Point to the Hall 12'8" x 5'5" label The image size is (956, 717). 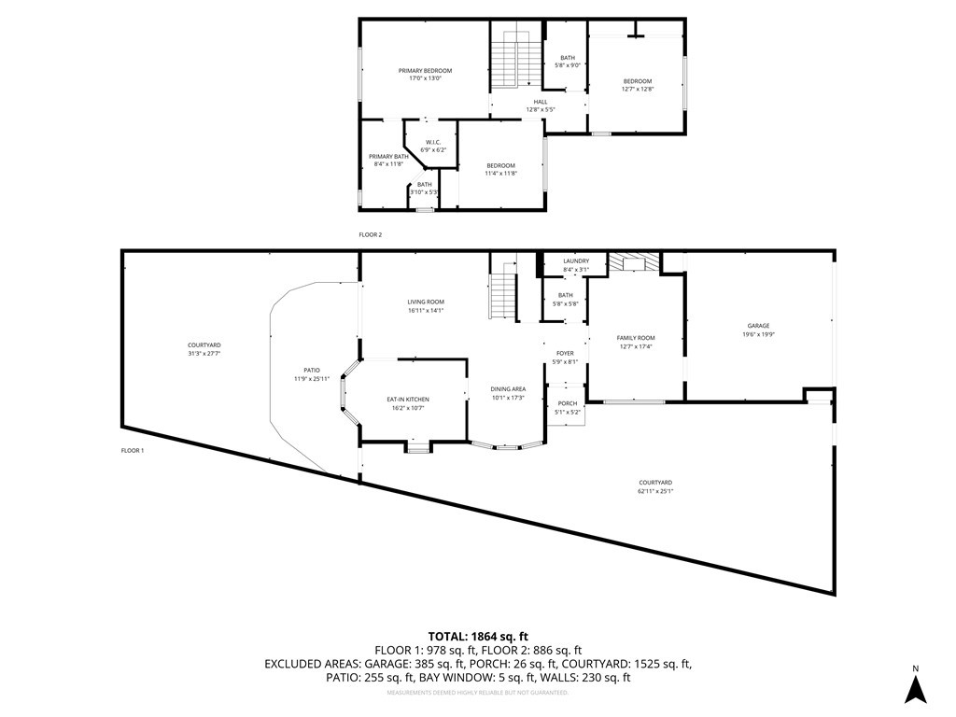(541, 105)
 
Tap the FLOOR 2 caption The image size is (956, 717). (371, 235)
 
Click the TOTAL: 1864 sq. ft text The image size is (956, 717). (477, 634)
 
